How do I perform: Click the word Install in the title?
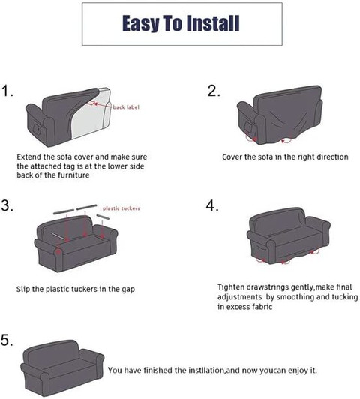tap(213, 23)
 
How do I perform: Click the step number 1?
tap(7, 91)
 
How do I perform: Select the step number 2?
tap(214, 91)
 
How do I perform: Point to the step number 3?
tap(7, 205)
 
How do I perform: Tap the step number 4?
tap(212, 205)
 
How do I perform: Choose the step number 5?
tap(7, 340)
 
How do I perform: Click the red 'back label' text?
tap(126, 107)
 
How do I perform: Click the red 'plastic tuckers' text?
tap(121, 208)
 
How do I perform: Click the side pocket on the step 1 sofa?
tap(37, 129)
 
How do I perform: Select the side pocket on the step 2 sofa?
tap(248, 127)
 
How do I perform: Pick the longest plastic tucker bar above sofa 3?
tap(87, 207)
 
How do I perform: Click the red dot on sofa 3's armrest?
tap(58, 252)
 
